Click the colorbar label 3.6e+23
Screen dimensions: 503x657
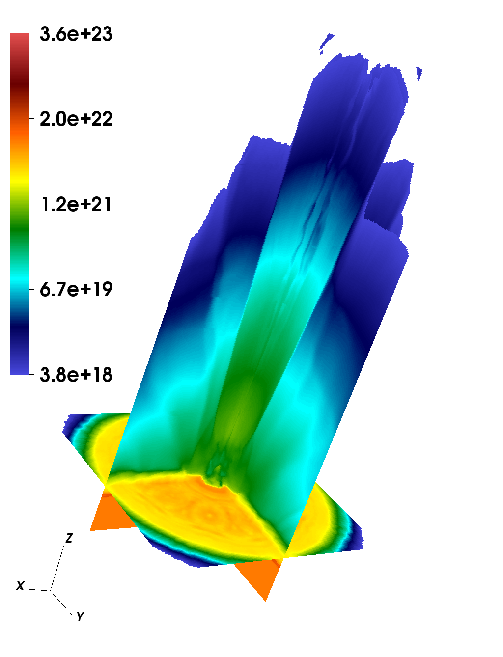pos(76,34)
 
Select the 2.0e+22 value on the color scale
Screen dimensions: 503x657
pos(76,119)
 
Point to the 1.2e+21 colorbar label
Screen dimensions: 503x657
pos(76,204)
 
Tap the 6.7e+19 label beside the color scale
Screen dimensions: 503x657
pos(76,289)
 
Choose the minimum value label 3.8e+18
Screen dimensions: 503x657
pos(76,374)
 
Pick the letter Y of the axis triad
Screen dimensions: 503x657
pos(80,616)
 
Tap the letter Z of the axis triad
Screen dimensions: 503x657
pos(69,538)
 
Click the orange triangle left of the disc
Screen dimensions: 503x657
pos(112,513)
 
